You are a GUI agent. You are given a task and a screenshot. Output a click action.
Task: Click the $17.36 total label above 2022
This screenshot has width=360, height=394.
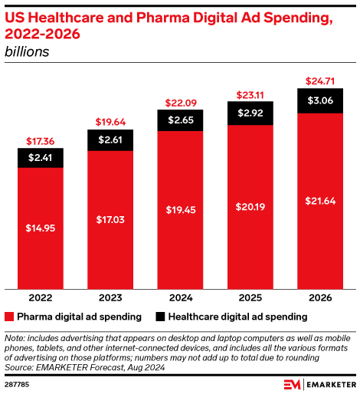(x=40, y=140)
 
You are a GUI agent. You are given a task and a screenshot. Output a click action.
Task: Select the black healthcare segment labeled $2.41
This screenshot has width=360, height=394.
(x=40, y=158)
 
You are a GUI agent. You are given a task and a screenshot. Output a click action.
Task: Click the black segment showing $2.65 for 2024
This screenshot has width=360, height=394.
(x=179, y=120)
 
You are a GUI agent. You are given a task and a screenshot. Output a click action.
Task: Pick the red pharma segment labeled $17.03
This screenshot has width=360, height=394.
(x=110, y=221)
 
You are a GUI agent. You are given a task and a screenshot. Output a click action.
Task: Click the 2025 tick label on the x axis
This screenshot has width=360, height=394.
(x=250, y=297)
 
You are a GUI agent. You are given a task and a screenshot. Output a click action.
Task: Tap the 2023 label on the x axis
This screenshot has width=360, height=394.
(x=110, y=297)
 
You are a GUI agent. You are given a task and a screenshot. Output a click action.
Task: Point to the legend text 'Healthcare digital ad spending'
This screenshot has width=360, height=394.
(x=237, y=317)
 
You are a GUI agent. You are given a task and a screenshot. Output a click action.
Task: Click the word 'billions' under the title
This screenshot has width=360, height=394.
(x=27, y=52)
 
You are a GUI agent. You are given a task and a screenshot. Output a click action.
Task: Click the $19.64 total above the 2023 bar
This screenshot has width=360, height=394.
(x=110, y=121)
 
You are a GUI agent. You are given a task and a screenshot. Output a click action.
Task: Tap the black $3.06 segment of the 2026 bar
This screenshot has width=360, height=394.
(x=319, y=100)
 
